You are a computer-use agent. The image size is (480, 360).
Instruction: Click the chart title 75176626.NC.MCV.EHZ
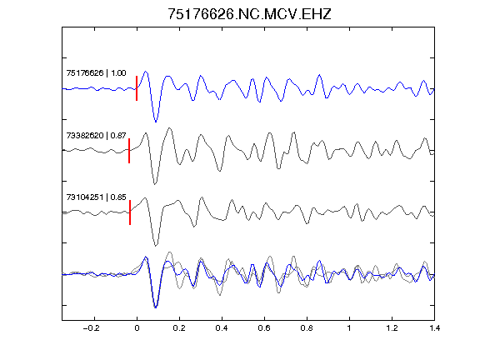click(249, 14)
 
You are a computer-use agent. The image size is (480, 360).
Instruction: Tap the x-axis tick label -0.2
click(91, 328)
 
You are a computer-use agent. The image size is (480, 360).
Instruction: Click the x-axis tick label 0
click(137, 328)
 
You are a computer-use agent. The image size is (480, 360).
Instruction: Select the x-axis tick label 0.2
click(179, 328)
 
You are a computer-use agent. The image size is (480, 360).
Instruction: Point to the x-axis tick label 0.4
click(222, 328)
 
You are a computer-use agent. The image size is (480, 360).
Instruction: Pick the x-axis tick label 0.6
click(264, 328)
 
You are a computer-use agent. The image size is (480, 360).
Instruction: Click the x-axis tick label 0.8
click(307, 328)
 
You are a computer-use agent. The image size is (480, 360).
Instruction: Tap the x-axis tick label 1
click(349, 328)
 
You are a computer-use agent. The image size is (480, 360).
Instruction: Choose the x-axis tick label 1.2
click(392, 328)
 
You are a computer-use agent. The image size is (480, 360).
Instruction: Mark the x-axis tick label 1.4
click(434, 328)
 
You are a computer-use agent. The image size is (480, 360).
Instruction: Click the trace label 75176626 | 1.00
click(96, 72)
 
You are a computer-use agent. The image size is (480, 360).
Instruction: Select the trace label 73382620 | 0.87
click(96, 135)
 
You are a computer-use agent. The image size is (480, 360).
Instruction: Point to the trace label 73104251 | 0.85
click(96, 197)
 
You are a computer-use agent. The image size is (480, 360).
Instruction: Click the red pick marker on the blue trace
click(137, 88)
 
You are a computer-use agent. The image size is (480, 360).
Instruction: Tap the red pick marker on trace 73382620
click(129, 151)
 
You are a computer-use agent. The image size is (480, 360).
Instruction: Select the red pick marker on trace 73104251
click(130, 212)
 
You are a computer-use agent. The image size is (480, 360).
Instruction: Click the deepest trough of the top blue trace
click(156, 122)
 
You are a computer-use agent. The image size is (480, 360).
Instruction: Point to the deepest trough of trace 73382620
click(155, 184)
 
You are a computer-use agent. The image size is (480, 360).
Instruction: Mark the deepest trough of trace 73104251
click(156, 246)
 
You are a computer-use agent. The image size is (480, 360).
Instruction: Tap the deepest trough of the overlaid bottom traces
click(156, 307)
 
